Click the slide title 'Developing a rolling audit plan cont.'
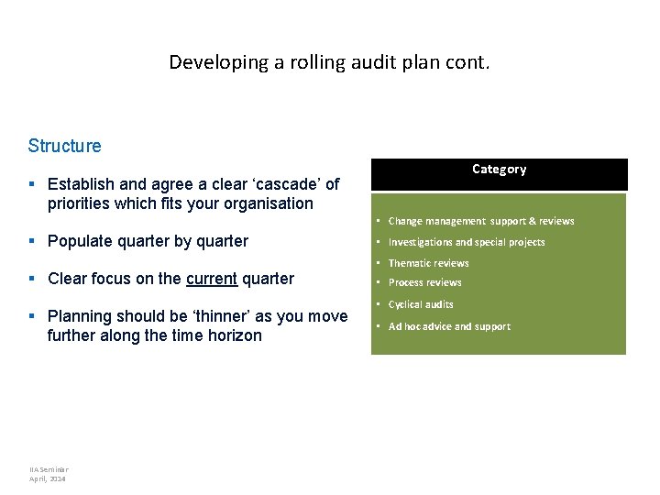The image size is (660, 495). pos(329,63)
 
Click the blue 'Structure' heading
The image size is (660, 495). pos(64,146)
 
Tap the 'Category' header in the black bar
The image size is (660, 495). pos(499,170)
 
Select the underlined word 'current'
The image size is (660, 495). pos(211,279)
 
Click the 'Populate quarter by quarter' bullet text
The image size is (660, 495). pos(148,241)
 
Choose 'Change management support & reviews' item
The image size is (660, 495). pos(481,221)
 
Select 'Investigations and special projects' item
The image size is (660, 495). pos(467,242)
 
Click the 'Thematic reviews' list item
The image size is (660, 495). pos(428,263)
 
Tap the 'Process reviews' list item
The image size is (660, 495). pos(424,283)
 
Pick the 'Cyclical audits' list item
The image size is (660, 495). pos(421,304)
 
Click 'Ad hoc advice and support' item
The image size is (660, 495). pos(449,326)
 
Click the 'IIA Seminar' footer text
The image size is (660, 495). pos(49,469)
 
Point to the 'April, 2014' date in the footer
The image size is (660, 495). pos(48,478)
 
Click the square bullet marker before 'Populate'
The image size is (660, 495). pos(33,242)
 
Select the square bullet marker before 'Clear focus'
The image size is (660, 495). pos(33,280)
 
